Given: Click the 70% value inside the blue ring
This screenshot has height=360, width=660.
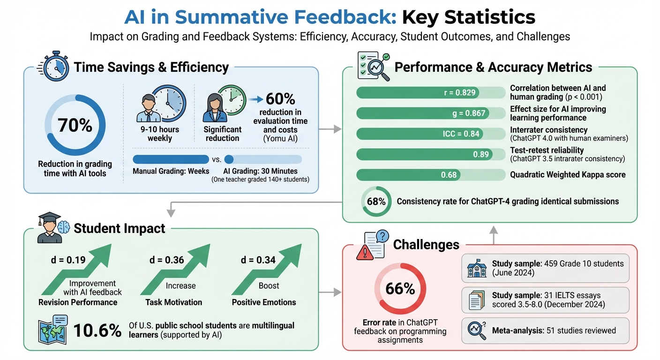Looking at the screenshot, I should (x=75, y=126).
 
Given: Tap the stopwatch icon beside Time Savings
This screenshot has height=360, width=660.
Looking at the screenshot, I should (x=55, y=67).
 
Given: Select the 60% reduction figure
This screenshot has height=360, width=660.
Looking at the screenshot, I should (x=280, y=99).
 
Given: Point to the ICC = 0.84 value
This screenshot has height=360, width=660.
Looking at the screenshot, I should (x=461, y=134).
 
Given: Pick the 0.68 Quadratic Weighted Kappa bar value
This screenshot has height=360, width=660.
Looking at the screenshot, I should (x=449, y=175).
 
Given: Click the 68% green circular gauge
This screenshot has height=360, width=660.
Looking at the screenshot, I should (x=376, y=202).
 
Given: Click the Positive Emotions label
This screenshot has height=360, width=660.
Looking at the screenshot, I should (x=264, y=302).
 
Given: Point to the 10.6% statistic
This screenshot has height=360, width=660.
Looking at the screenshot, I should (x=97, y=330).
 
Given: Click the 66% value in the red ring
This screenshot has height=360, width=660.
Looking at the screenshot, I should (x=400, y=289).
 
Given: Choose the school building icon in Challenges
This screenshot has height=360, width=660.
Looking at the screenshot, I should (x=476, y=268).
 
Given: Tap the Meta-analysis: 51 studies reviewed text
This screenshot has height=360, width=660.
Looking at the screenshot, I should (x=554, y=330).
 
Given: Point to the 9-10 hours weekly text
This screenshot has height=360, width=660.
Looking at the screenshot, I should (x=159, y=134).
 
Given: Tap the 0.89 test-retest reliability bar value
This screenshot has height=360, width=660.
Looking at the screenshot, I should (x=481, y=154).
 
